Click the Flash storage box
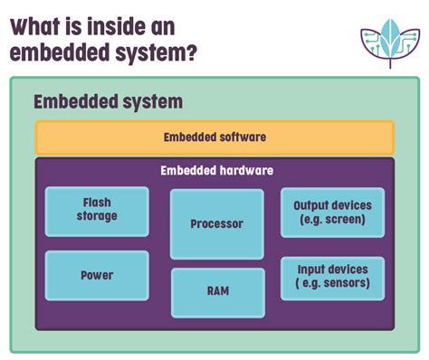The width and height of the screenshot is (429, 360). point(97,211)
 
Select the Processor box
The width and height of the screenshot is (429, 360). point(217,223)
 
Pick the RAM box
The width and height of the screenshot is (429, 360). point(217,292)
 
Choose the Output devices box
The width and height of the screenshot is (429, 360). point(332,213)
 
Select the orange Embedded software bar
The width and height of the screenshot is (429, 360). point(214,138)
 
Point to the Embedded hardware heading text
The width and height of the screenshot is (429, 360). point(216,170)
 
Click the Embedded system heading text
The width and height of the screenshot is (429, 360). point(108,101)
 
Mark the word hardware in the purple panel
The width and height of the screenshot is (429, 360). point(244,170)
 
